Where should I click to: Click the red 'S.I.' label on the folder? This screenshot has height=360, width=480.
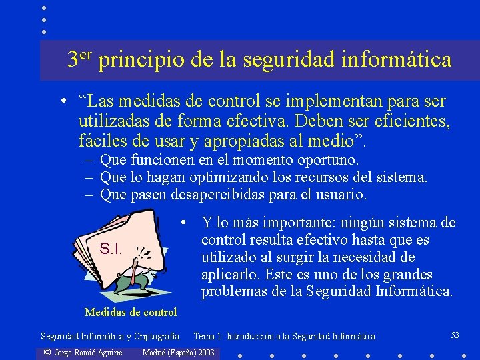110,249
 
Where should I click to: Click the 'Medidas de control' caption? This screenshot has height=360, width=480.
131,312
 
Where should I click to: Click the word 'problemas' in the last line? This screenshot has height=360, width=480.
233,292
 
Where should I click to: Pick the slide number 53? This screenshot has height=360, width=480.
455,335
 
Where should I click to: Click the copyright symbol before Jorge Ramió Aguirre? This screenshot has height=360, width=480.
47,352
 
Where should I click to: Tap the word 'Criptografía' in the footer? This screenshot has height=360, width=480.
158,337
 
